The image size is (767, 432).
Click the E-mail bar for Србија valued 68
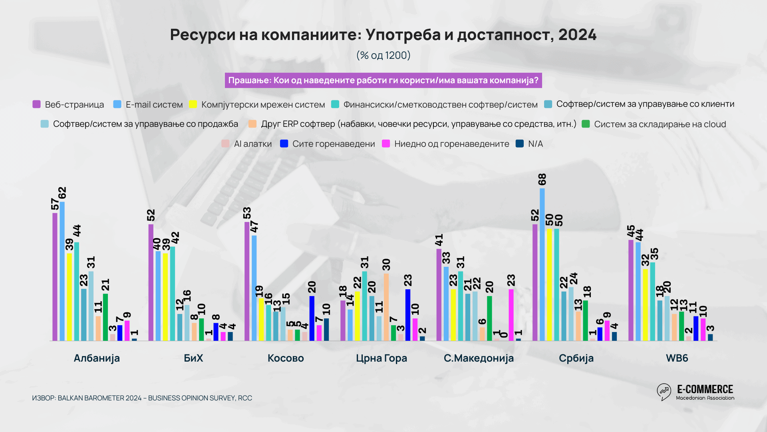542,264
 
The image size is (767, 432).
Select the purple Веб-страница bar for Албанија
55,276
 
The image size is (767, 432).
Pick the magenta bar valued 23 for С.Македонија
511,315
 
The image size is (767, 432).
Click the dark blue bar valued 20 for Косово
312,318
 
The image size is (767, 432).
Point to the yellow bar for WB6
645,305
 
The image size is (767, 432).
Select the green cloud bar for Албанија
105,317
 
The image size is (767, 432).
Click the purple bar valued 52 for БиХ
151,282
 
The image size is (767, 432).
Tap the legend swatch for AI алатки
225,144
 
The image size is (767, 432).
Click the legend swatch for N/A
520,144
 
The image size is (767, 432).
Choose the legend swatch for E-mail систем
117,104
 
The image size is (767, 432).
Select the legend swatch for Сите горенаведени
284,144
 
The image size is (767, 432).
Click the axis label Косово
286,358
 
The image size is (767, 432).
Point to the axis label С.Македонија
479,358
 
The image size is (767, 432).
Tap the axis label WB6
677,358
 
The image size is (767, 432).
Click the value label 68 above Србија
542,180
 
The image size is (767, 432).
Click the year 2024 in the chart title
577,35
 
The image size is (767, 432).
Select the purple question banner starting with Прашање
383,80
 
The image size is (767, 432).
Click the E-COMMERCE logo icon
664,392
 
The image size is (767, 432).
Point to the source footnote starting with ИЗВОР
142,398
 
